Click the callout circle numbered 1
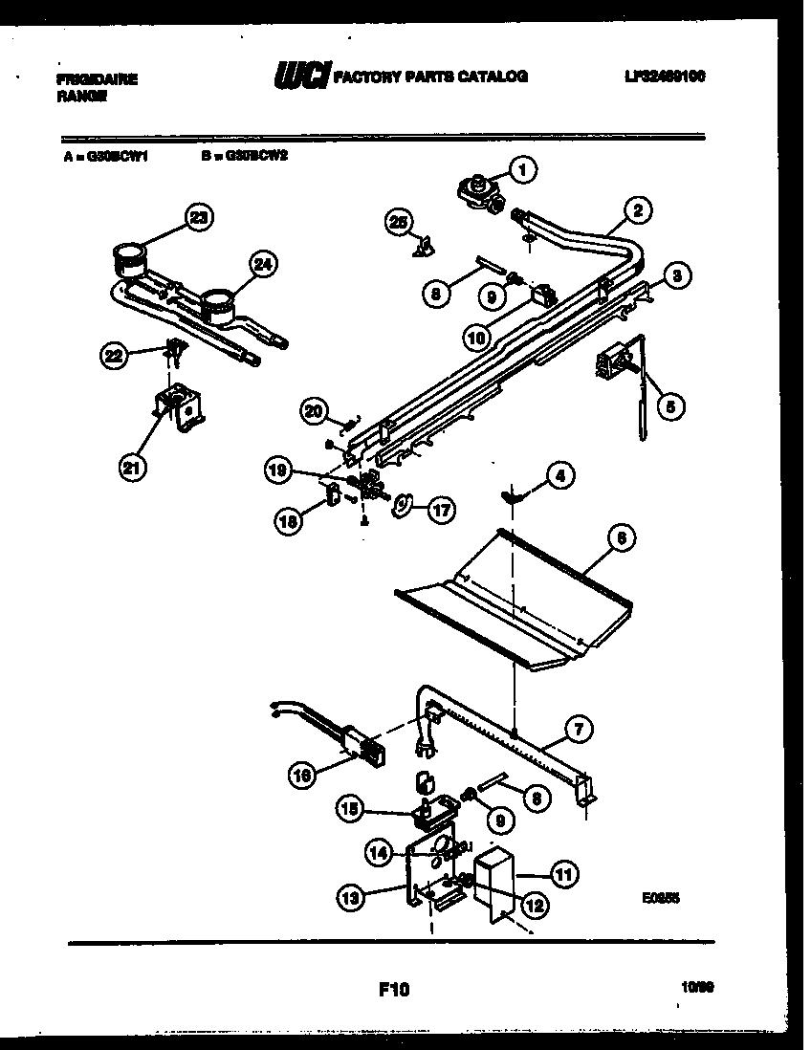point(521,170)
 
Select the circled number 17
point(440,510)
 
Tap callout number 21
point(134,468)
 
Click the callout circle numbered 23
point(197,218)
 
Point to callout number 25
point(399,223)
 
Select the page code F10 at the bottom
point(394,990)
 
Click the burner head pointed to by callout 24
point(218,303)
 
